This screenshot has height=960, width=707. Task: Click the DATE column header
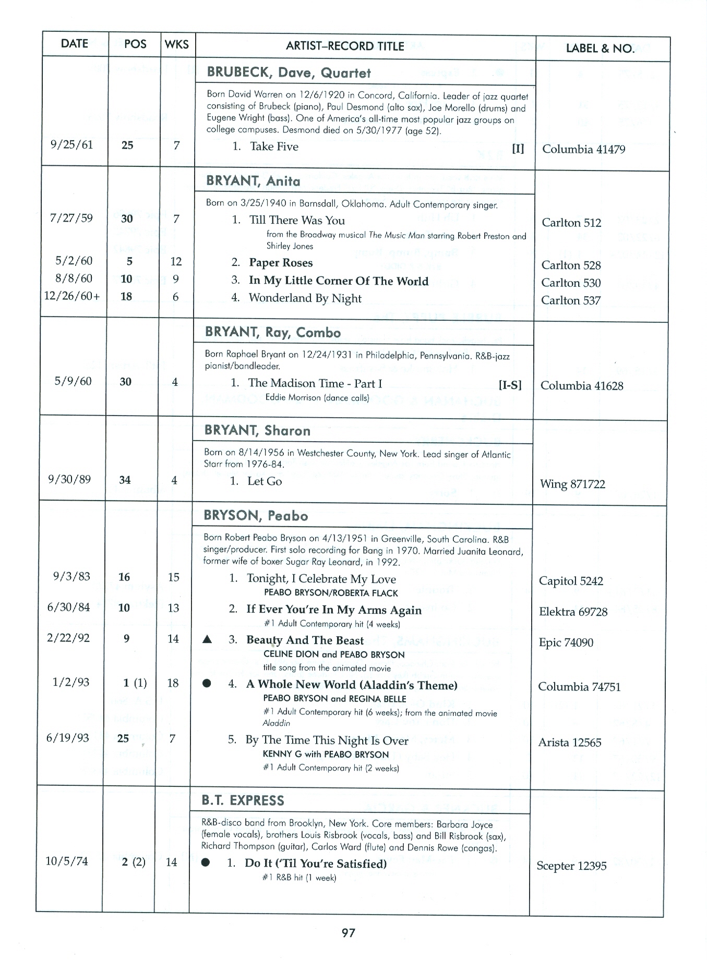[74, 44]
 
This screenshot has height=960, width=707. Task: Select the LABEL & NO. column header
[600, 48]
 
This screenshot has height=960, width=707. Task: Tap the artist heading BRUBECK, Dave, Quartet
[289, 72]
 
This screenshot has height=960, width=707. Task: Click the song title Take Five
[274, 147]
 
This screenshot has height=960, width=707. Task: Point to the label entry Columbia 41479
[583, 150]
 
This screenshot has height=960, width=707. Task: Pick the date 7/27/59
[71, 218]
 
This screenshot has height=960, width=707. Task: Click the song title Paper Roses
[281, 263]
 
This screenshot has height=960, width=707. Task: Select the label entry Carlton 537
[571, 300]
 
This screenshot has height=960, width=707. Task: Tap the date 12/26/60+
[72, 296]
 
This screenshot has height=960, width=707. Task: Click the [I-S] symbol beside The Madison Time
[510, 385]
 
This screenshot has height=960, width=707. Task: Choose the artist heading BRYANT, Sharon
[257, 431]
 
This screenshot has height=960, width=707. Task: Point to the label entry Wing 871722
[572, 484]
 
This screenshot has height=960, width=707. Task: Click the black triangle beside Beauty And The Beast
[207, 640]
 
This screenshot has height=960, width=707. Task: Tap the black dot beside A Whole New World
[207, 684]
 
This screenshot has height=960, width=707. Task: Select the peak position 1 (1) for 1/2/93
[135, 683]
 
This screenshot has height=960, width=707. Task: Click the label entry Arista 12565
[569, 743]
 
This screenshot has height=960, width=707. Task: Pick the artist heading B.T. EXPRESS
[243, 800]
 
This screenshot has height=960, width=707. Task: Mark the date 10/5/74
[67, 861]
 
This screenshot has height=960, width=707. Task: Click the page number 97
[348, 933]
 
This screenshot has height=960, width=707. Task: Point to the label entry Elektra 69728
[573, 612]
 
